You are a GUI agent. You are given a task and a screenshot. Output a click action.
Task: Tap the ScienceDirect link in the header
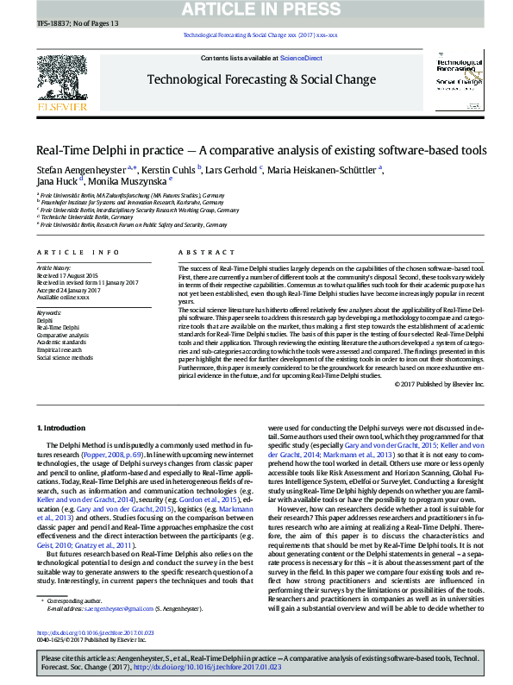pyautogui.click(x=302, y=58)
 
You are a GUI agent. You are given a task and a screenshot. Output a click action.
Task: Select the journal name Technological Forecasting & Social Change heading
pyautogui.click(x=261, y=79)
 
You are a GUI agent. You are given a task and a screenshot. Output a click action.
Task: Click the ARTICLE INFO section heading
pyautogui.click(x=78, y=252)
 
